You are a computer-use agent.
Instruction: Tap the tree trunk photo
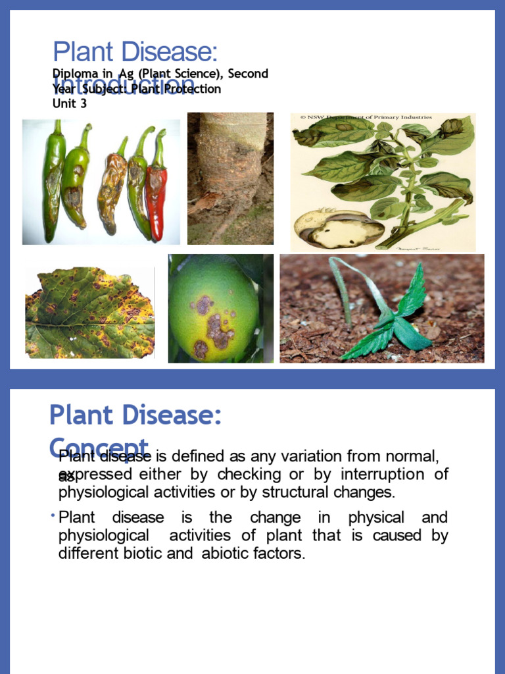coord(230,178)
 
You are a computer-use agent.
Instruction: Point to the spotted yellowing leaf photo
coord(89,313)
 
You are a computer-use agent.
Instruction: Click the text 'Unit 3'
coord(69,103)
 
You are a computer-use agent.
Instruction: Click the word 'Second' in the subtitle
coord(248,74)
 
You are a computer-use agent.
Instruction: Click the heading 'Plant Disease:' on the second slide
coord(135,416)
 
